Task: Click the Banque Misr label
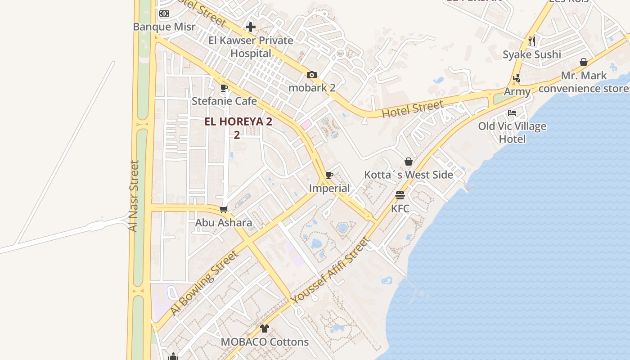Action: [x=164, y=27]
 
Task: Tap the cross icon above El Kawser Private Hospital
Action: [x=251, y=27]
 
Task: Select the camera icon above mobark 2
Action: [x=311, y=75]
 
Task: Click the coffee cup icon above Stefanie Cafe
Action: [x=224, y=88]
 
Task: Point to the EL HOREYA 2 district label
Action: [x=238, y=121]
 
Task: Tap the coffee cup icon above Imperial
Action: [x=329, y=175]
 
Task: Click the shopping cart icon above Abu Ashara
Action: [x=223, y=209]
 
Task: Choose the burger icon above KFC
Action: [x=400, y=195]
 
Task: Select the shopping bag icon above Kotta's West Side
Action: [x=409, y=162]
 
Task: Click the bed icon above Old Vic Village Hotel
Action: [x=512, y=112]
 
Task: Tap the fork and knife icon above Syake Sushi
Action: [x=532, y=41]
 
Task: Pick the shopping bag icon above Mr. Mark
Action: [x=584, y=62]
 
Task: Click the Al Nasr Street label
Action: [x=134, y=196]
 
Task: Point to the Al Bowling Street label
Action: [x=203, y=283]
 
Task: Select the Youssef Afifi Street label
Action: [x=331, y=270]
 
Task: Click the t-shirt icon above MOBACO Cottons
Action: [x=264, y=328]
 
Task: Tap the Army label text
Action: [x=517, y=92]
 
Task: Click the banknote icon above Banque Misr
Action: [x=164, y=13]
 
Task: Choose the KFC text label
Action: [x=400, y=208]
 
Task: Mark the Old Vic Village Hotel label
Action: [x=512, y=132]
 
